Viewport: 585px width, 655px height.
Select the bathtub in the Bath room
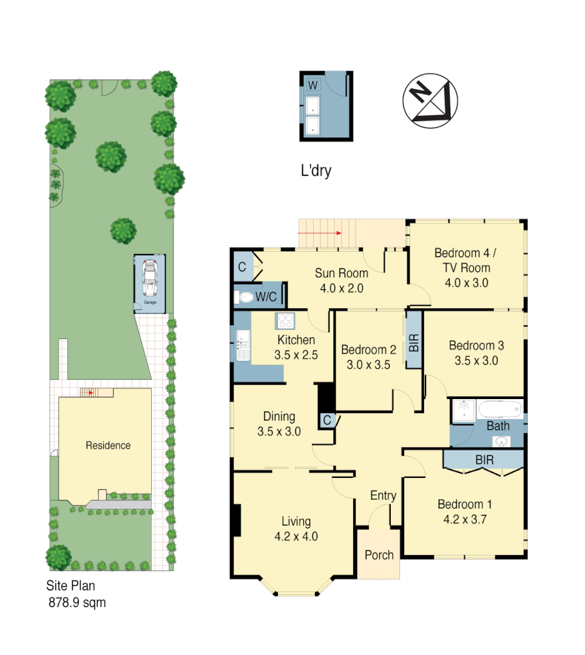[x=499, y=409]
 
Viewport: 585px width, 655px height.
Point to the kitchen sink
[x=243, y=346]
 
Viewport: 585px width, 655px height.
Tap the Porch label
[x=379, y=555]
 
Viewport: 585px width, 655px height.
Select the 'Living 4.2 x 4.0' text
[x=296, y=528]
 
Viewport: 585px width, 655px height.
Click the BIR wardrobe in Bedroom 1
[x=484, y=460]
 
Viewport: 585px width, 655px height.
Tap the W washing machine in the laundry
[x=313, y=85]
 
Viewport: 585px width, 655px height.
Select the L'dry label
[x=316, y=171]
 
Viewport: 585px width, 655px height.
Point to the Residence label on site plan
[x=108, y=445]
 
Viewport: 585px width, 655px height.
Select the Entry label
[x=383, y=495]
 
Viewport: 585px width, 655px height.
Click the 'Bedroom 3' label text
[x=476, y=346]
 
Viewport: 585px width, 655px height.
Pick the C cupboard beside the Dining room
[x=327, y=420]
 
